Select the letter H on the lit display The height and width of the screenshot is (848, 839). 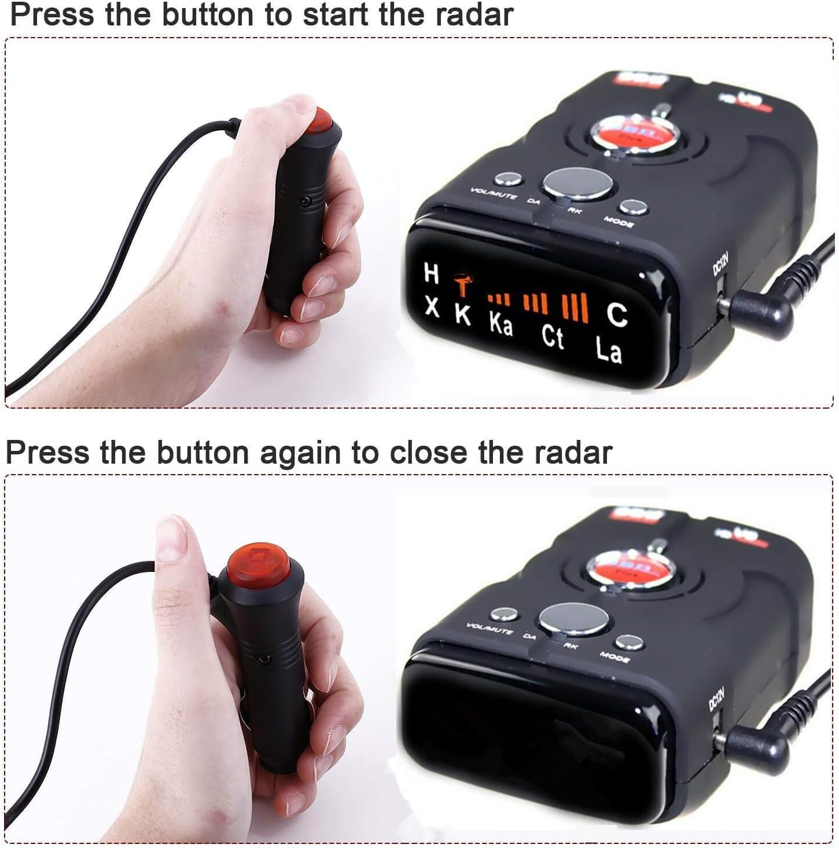(x=431, y=273)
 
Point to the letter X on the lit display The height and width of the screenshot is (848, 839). (x=432, y=306)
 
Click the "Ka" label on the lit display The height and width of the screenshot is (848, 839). (x=501, y=324)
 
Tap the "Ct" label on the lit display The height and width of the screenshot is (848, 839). (x=553, y=337)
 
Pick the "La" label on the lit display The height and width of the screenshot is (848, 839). (x=609, y=350)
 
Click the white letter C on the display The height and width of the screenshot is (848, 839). (x=617, y=314)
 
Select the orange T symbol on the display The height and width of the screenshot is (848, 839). (x=462, y=285)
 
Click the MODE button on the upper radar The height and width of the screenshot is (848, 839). (x=632, y=207)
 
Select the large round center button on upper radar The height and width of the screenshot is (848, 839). (x=577, y=185)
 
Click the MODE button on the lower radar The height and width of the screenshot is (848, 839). (x=628, y=641)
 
